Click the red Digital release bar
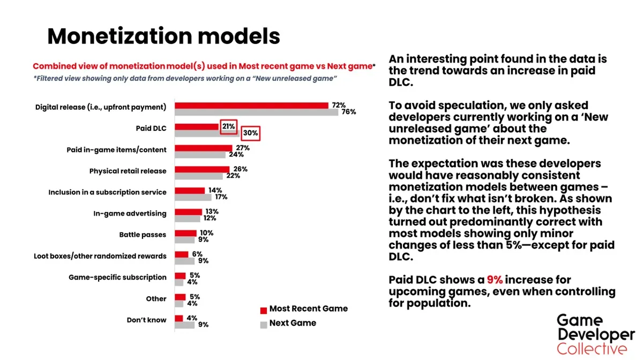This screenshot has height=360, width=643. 251,106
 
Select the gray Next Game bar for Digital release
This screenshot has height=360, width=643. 256,112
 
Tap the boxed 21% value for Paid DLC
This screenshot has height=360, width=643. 228,126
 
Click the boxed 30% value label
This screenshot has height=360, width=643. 250,133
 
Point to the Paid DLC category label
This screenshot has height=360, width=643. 151,129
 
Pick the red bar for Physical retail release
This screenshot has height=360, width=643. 202,169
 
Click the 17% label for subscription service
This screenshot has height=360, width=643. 221,197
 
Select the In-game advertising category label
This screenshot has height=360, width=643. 130,214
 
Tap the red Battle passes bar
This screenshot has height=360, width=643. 186,233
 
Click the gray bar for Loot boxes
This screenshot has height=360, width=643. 184,261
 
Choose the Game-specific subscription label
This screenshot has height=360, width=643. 117,277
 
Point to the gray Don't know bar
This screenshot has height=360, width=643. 184,325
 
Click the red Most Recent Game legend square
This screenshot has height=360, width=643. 264,310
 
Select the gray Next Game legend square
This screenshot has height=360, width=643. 264,325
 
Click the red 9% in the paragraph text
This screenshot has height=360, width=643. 495,280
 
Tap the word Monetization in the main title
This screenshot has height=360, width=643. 119,36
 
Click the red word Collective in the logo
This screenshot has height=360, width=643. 592,349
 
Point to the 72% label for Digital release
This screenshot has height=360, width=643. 339,105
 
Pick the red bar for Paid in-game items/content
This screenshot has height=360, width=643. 204,148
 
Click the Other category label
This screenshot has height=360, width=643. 156,299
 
